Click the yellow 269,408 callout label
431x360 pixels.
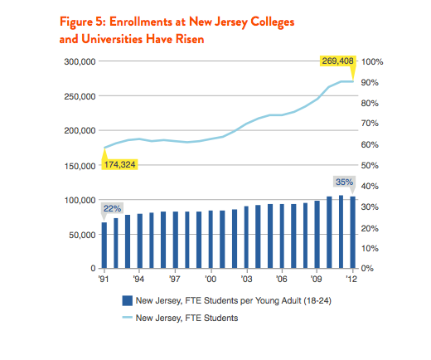pyautogui.click(x=337, y=61)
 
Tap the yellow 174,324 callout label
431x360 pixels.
pyautogui.click(x=119, y=165)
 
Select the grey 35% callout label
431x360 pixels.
pyautogui.click(x=344, y=182)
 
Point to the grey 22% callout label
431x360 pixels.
pyautogui.click(x=112, y=208)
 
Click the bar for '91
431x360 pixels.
pyautogui.click(x=104, y=246)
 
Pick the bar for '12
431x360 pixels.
pyautogui.click(x=353, y=232)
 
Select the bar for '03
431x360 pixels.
pyautogui.click(x=246, y=237)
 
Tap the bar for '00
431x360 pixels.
pyautogui.click(x=211, y=240)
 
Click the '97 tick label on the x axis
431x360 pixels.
pyautogui.click(x=175, y=279)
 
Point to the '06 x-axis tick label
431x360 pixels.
pyautogui.click(x=282, y=279)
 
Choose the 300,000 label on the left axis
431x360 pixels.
pyautogui.click(x=80, y=61)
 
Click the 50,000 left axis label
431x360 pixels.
pyautogui.click(x=82, y=235)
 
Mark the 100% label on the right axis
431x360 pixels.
pyautogui.click(x=372, y=61)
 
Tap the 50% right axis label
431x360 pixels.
pyautogui.click(x=370, y=165)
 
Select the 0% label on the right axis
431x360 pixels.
pyautogui.click(x=367, y=268)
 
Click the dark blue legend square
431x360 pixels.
pyautogui.click(x=128, y=300)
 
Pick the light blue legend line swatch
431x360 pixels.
pyautogui.click(x=128, y=318)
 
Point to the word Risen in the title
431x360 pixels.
pyautogui.click(x=190, y=39)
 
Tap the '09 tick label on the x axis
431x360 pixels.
pyautogui.click(x=316, y=279)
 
